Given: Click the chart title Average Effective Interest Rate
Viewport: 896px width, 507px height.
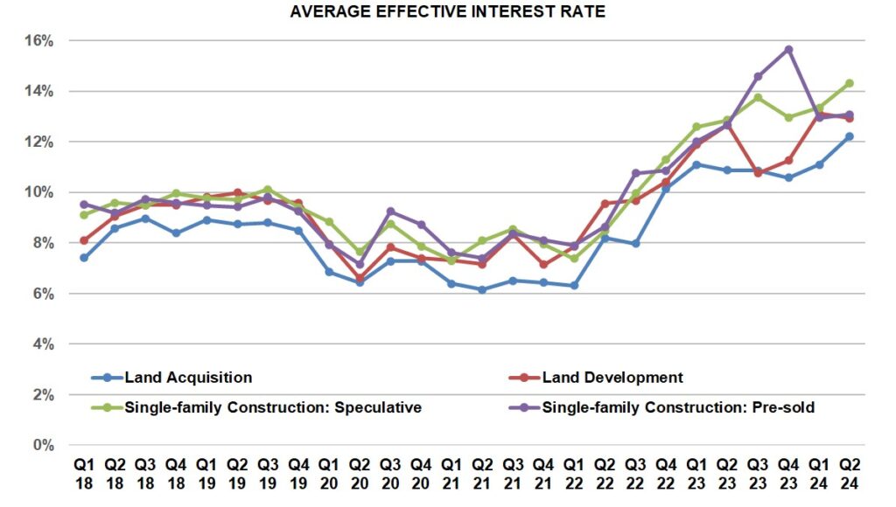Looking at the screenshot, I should tap(448, 12).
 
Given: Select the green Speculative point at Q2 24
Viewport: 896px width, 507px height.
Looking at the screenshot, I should tap(849, 84).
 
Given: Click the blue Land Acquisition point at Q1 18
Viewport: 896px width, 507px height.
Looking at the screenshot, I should tap(83, 258).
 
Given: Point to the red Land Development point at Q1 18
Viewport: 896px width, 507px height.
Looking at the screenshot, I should tap(83, 240).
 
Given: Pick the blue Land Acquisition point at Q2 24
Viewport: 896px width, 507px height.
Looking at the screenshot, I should tap(849, 136).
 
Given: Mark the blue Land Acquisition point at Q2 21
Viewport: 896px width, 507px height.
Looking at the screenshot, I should tap(481, 289).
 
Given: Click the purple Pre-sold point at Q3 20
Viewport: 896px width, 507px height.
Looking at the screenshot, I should tap(389, 212).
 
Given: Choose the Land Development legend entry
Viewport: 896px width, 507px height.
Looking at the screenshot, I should tap(612, 378).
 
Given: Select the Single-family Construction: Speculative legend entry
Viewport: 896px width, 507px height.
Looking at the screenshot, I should tap(271, 406).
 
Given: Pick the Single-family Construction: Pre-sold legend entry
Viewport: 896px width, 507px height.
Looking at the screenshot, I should tap(677, 406).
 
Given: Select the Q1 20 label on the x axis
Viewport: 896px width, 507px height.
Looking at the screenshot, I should tap(328, 473).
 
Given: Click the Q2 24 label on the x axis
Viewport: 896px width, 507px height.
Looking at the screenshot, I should tap(849, 473).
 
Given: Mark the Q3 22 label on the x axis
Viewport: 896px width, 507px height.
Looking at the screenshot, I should tap(634, 473).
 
